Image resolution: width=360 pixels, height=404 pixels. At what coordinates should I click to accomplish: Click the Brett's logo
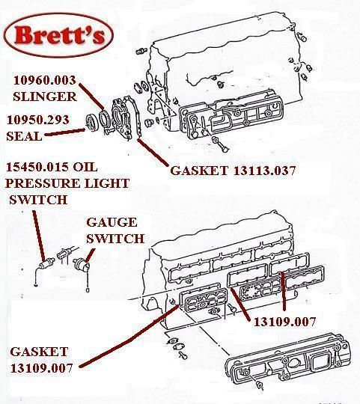tap(59, 35)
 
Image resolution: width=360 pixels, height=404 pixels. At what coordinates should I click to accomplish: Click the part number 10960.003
tap(45, 80)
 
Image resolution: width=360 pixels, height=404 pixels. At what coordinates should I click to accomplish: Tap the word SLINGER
tap(45, 97)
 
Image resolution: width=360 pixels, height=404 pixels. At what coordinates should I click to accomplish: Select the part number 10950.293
tap(38, 120)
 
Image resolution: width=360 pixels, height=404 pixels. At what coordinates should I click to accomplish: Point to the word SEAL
tap(24, 136)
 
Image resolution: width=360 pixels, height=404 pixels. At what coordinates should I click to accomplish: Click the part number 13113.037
tap(264, 171)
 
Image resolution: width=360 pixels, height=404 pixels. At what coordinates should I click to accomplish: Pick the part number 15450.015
tap(37, 167)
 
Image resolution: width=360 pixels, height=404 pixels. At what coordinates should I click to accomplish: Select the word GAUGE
tap(112, 222)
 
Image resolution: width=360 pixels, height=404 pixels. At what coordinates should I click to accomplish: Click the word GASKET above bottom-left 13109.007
tap(39, 352)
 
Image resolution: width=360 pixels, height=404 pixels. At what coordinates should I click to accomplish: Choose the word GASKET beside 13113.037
tap(199, 171)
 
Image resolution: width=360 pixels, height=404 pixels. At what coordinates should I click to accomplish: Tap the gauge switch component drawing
tap(81, 264)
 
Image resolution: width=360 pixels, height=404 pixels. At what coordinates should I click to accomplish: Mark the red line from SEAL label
tap(64, 132)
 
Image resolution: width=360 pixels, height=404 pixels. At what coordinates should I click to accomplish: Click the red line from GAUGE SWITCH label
tap(90, 255)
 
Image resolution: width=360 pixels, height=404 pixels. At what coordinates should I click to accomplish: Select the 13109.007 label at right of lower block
tap(284, 322)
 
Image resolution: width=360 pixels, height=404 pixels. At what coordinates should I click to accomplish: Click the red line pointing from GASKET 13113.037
tap(153, 152)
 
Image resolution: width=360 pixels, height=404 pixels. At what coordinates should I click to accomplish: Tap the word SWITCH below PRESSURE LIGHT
tap(38, 200)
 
